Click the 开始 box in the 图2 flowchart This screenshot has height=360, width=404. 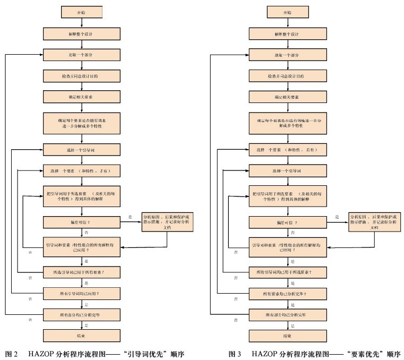(x=81, y=11)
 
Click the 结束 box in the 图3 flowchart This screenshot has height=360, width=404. (x=287, y=337)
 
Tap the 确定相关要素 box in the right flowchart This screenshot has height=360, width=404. (x=287, y=98)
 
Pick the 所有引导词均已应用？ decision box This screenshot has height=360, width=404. (x=81, y=293)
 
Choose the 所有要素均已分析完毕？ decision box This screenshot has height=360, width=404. (x=287, y=293)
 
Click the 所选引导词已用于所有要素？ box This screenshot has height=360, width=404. (x=81, y=272)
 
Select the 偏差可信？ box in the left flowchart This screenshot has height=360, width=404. (x=81, y=221)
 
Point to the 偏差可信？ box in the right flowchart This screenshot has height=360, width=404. (x=287, y=222)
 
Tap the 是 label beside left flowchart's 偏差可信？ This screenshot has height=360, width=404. (x=130, y=217)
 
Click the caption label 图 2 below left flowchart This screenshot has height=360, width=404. (x=12, y=354)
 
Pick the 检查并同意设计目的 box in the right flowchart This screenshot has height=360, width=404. (x=287, y=76)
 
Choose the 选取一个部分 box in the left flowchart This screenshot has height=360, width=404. (x=81, y=54)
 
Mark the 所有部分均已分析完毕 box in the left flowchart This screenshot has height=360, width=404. (x=81, y=314)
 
